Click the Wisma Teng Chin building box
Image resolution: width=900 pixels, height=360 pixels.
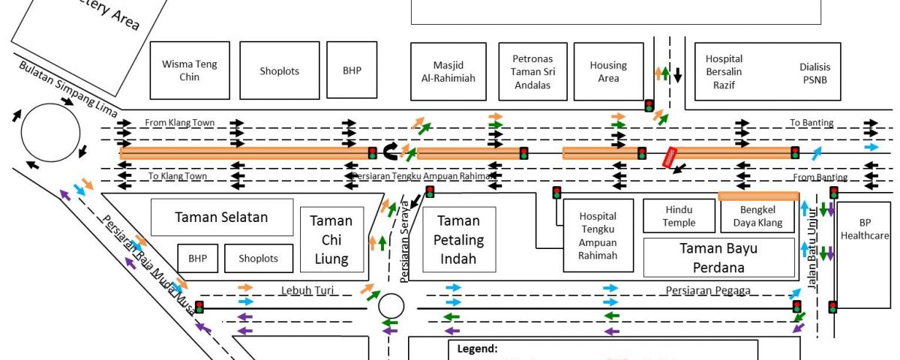click(x=190, y=70)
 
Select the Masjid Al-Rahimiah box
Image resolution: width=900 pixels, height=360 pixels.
click(x=448, y=71)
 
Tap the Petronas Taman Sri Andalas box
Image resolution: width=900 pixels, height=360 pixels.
click(x=532, y=71)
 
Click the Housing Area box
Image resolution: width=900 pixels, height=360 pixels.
click(x=608, y=71)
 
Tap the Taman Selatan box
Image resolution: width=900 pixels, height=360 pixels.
click(x=221, y=217)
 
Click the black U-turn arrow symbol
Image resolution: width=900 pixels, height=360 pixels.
click(x=391, y=152)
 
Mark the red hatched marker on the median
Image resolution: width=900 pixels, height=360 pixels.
click(x=670, y=157)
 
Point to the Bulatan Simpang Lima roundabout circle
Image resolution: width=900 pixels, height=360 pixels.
click(x=50, y=133)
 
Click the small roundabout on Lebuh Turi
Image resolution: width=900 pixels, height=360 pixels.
click(x=391, y=305)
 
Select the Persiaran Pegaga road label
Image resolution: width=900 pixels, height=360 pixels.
click(x=707, y=290)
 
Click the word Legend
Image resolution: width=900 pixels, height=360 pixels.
click(x=477, y=349)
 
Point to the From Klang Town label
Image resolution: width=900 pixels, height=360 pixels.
click(x=179, y=122)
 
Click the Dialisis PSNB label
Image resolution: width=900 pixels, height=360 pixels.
click(x=815, y=72)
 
